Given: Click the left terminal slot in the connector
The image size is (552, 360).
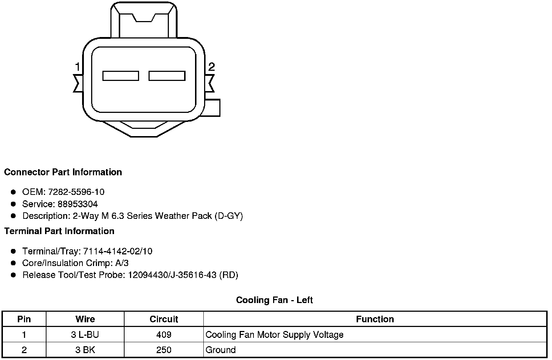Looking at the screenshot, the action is (x=121, y=76).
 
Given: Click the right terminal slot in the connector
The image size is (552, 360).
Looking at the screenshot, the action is (x=167, y=76).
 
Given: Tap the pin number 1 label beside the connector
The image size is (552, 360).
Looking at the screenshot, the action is (x=78, y=67).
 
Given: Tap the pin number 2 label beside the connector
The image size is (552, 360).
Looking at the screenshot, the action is (x=211, y=67).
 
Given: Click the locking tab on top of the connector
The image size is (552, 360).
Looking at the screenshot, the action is (x=144, y=20).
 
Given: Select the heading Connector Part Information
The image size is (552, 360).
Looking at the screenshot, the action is (x=63, y=172).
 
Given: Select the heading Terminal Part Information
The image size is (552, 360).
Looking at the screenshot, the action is (x=60, y=231).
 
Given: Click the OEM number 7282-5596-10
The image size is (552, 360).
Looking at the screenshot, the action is (x=76, y=192).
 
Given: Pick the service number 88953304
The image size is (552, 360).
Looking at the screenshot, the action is (x=78, y=204).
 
